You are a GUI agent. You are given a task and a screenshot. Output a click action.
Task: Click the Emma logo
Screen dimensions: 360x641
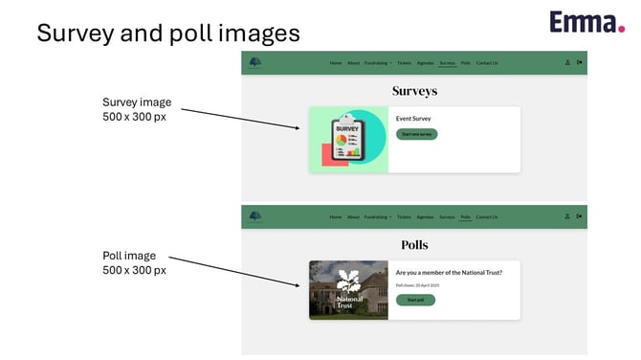point(586,21)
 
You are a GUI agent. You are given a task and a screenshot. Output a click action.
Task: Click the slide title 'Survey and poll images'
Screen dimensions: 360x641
point(168,33)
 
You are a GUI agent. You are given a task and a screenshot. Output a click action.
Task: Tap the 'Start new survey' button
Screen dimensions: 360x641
point(417,135)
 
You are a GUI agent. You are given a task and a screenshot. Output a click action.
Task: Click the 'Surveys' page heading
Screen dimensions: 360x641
point(414,91)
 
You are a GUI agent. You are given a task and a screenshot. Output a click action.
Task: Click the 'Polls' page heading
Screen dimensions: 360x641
point(414,245)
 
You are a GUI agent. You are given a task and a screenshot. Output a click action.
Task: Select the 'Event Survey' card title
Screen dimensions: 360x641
point(413,119)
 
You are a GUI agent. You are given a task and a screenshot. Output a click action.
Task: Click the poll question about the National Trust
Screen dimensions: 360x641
point(449,272)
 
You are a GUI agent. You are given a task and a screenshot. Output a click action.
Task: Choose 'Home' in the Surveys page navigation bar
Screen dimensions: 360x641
point(335,63)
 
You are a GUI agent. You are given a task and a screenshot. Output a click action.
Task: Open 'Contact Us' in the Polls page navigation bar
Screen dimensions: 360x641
point(487,217)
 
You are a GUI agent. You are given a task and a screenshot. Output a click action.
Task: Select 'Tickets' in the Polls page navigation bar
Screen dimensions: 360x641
point(404,217)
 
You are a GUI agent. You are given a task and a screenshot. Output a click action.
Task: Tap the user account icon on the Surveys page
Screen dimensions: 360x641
point(567,63)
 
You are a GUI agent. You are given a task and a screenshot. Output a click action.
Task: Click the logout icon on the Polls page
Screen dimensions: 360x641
point(580,216)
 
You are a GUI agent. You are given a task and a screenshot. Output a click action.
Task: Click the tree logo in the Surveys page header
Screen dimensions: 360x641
point(254,63)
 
